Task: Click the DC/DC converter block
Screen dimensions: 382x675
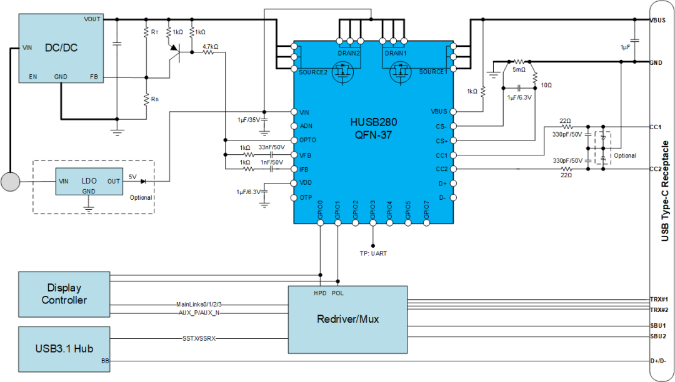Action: click(x=61, y=48)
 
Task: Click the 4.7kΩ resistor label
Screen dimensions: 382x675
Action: click(x=210, y=46)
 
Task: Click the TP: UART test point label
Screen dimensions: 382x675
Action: click(x=373, y=253)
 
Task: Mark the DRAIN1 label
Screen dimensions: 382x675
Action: click(x=396, y=54)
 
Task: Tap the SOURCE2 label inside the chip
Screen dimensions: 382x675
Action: click(x=313, y=72)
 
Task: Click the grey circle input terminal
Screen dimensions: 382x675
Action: click(x=10, y=182)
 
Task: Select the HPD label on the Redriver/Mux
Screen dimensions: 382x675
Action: click(x=321, y=293)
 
